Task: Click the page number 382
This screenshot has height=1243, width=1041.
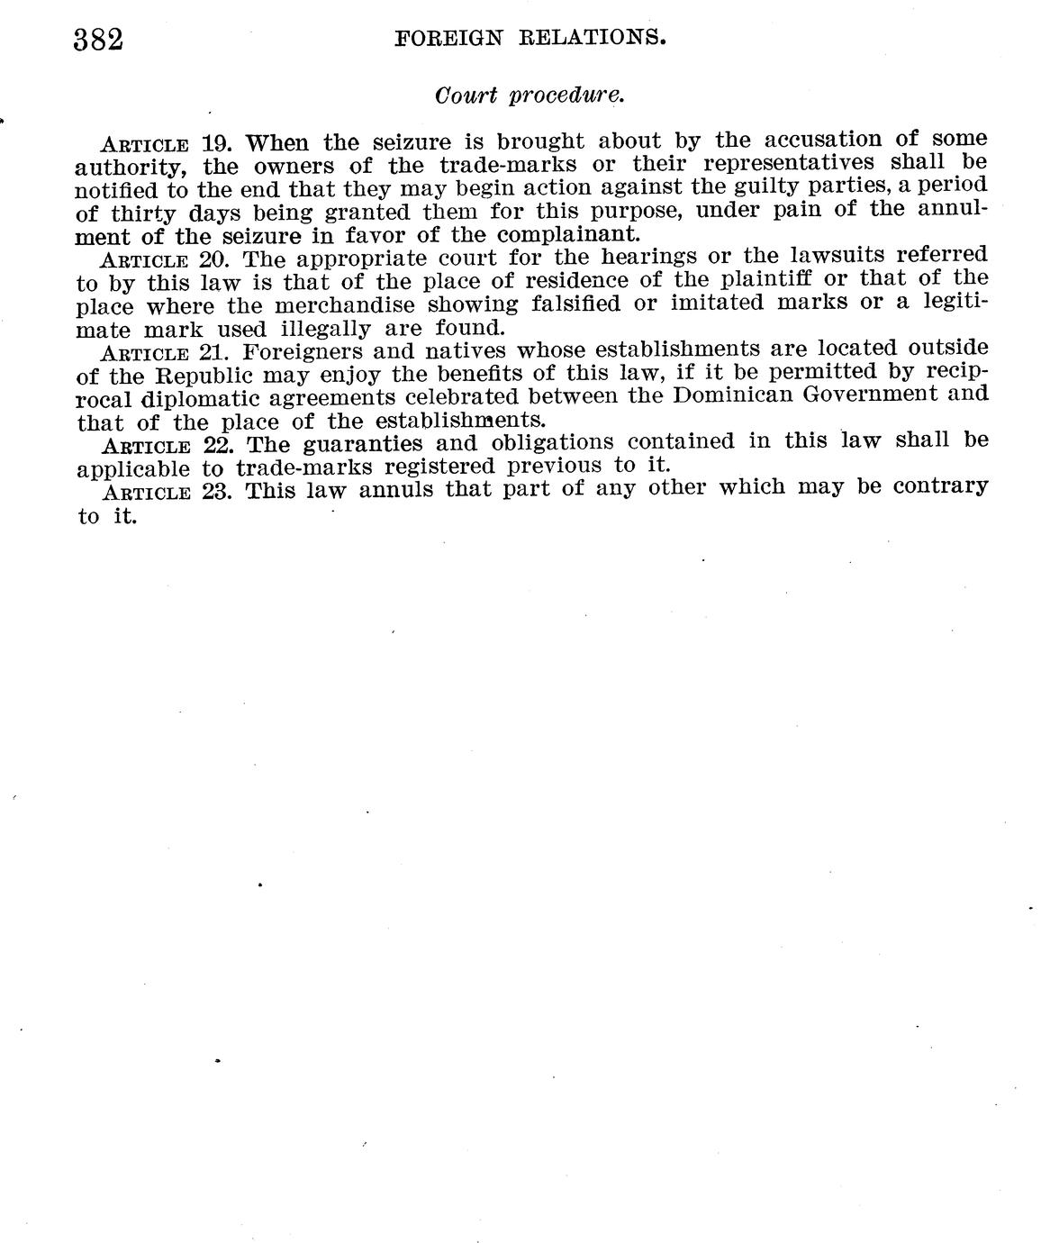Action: [x=98, y=40]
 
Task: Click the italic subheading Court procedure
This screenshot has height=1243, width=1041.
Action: [x=530, y=95]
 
